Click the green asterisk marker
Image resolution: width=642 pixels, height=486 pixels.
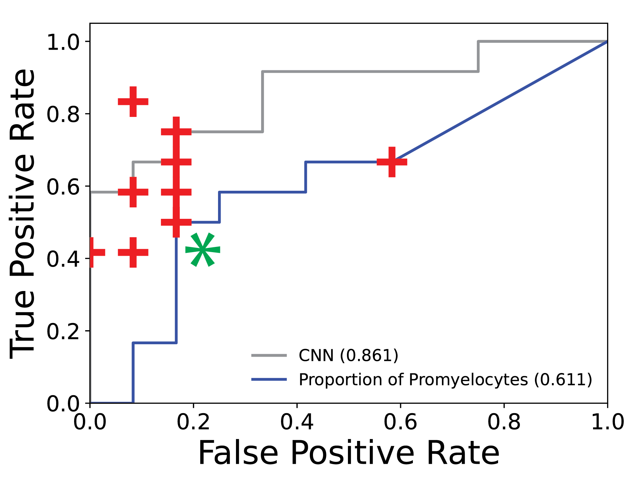pyautogui.click(x=203, y=250)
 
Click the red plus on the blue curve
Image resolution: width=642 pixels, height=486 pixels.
pyautogui.click(x=392, y=162)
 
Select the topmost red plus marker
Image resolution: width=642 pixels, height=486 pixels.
pyautogui.click(x=133, y=102)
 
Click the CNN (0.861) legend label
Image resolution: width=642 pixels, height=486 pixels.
pyautogui.click(x=348, y=355)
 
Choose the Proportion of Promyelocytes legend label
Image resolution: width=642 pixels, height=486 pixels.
pyautogui.click(x=445, y=380)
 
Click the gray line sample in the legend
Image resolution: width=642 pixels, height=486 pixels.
pyautogui.click(x=269, y=355)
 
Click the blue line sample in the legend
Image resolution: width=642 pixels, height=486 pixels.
pyautogui.click(x=269, y=380)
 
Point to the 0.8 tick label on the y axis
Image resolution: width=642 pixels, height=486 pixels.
pyautogui.click(x=63, y=114)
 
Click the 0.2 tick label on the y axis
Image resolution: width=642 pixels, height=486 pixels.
pyautogui.click(x=63, y=332)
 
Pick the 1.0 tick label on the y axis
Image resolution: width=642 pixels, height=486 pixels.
pyautogui.click(x=63, y=42)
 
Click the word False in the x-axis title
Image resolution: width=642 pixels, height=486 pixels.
pyautogui.click(x=238, y=453)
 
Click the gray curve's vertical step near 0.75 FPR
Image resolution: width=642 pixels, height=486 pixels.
pyautogui.click(x=478, y=56)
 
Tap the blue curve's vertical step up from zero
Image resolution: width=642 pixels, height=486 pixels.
pyautogui.click(x=133, y=372)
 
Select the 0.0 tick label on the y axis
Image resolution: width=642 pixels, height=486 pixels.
pyautogui.click(x=63, y=404)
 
